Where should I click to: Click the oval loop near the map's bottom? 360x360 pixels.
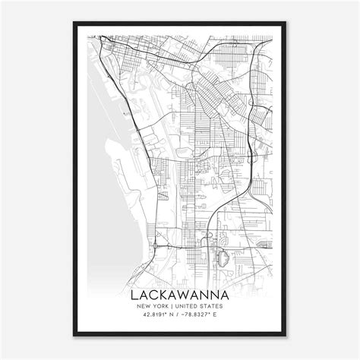(x=222, y=259)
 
